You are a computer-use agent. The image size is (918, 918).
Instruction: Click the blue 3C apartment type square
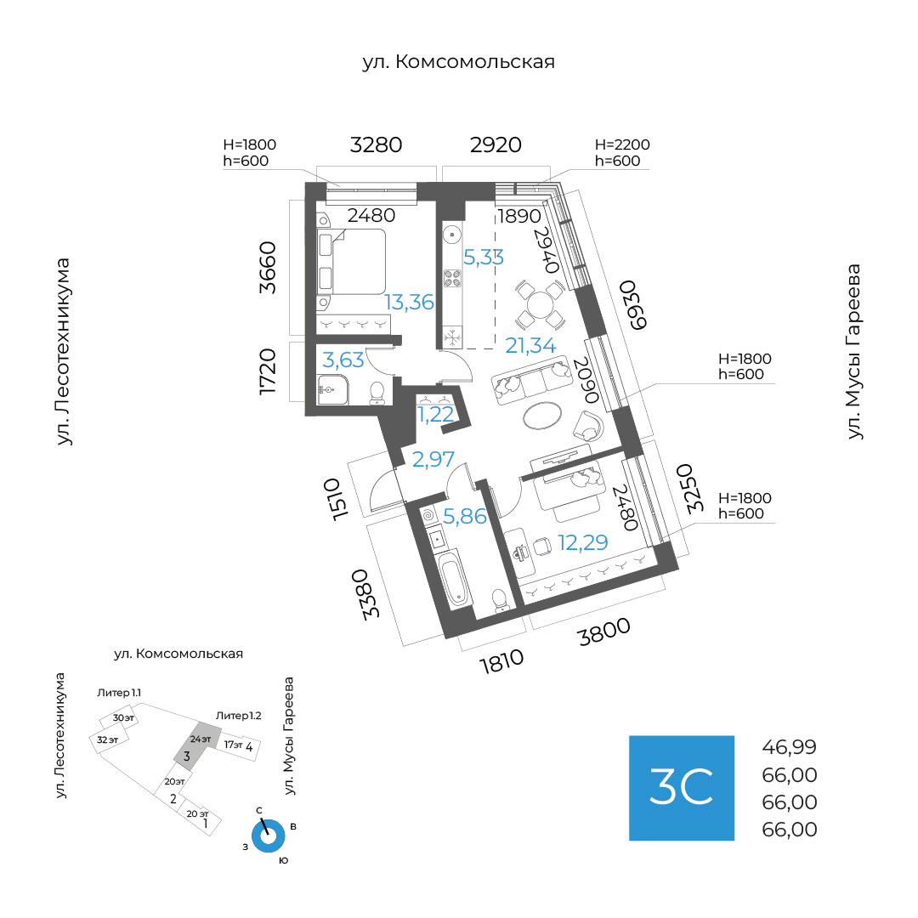click(x=681, y=787)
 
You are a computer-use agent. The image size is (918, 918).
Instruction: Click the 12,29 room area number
click(x=582, y=541)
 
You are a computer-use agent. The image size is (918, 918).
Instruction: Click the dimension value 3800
click(x=604, y=633)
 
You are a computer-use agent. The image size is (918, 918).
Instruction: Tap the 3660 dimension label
click(x=269, y=267)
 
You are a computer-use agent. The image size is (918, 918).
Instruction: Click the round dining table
click(x=539, y=304)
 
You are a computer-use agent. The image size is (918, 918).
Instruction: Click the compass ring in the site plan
click(x=269, y=836)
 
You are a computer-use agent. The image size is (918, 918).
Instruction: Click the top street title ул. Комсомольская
click(x=458, y=62)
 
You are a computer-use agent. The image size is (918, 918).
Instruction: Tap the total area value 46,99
click(x=789, y=748)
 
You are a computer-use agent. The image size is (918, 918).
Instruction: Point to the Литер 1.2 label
click(x=238, y=716)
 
